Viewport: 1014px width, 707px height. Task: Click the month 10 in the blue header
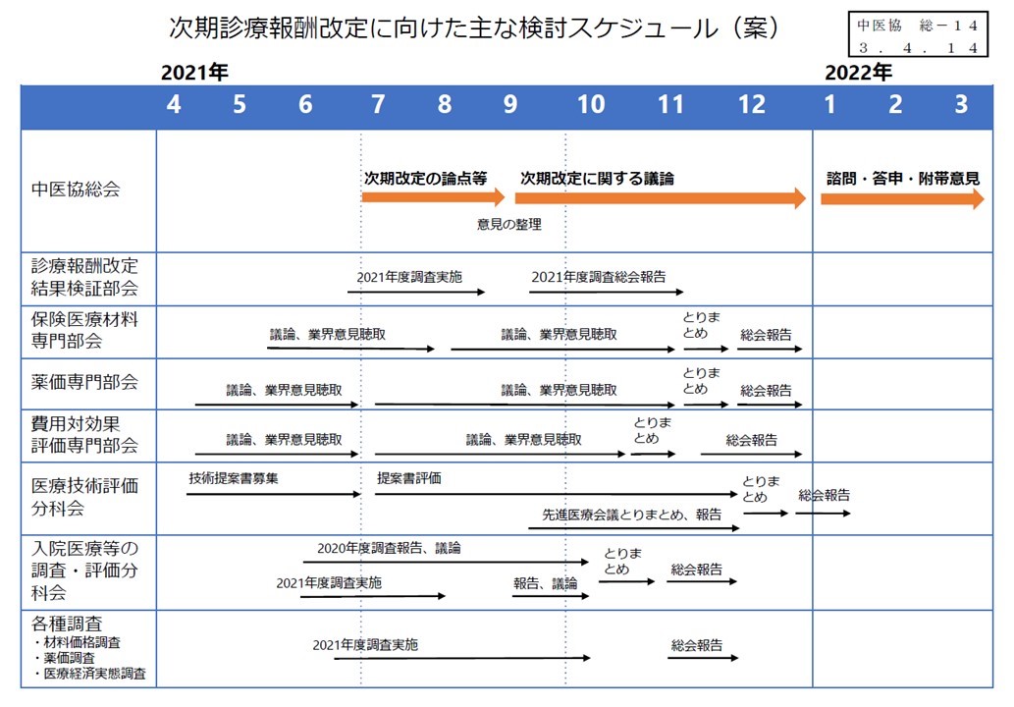tap(591, 104)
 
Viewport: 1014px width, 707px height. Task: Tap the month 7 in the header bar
tap(378, 104)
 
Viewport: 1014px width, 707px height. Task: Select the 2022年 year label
tap(858, 72)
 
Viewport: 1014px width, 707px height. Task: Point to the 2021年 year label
tap(194, 72)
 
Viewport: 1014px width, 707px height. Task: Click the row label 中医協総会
tap(76, 189)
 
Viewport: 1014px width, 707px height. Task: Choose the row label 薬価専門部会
tap(84, 382)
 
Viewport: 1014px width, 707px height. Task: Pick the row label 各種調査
tap(67, 624)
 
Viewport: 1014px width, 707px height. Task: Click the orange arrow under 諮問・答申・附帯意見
tap(902, 198)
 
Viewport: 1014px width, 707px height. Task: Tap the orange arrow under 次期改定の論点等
tap(433, 197)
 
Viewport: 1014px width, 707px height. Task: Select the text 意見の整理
tap(508, 225)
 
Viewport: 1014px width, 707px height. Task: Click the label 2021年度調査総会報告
tap(598, 277)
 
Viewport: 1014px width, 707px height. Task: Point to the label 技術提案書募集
tap(234, 478)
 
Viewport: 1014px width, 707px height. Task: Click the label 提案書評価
tap(408, 478)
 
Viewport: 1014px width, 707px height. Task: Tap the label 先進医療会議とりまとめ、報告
tap(632, 515)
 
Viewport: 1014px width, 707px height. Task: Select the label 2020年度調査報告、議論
tap(389, 548)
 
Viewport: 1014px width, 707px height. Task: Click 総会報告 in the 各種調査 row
tap(697, 645)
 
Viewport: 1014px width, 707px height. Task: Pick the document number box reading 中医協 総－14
tap(918, 34)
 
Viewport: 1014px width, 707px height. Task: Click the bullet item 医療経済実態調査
tap(90, 674)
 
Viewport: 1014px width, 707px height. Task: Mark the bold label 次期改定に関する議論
tap(597, 179)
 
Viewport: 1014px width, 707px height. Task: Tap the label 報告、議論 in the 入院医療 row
tap(545, 583)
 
